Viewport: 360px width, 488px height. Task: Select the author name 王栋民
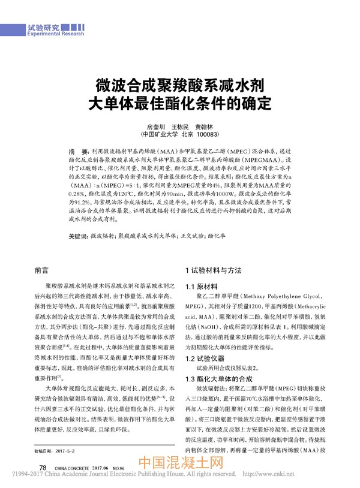tap(181, 127)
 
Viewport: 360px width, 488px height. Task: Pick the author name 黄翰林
tap(206, 127)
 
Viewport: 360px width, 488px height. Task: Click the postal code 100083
tap(209, 135)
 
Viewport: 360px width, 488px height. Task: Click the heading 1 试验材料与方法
tap(215, 271)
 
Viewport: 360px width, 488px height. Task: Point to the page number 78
tap(43, 467)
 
